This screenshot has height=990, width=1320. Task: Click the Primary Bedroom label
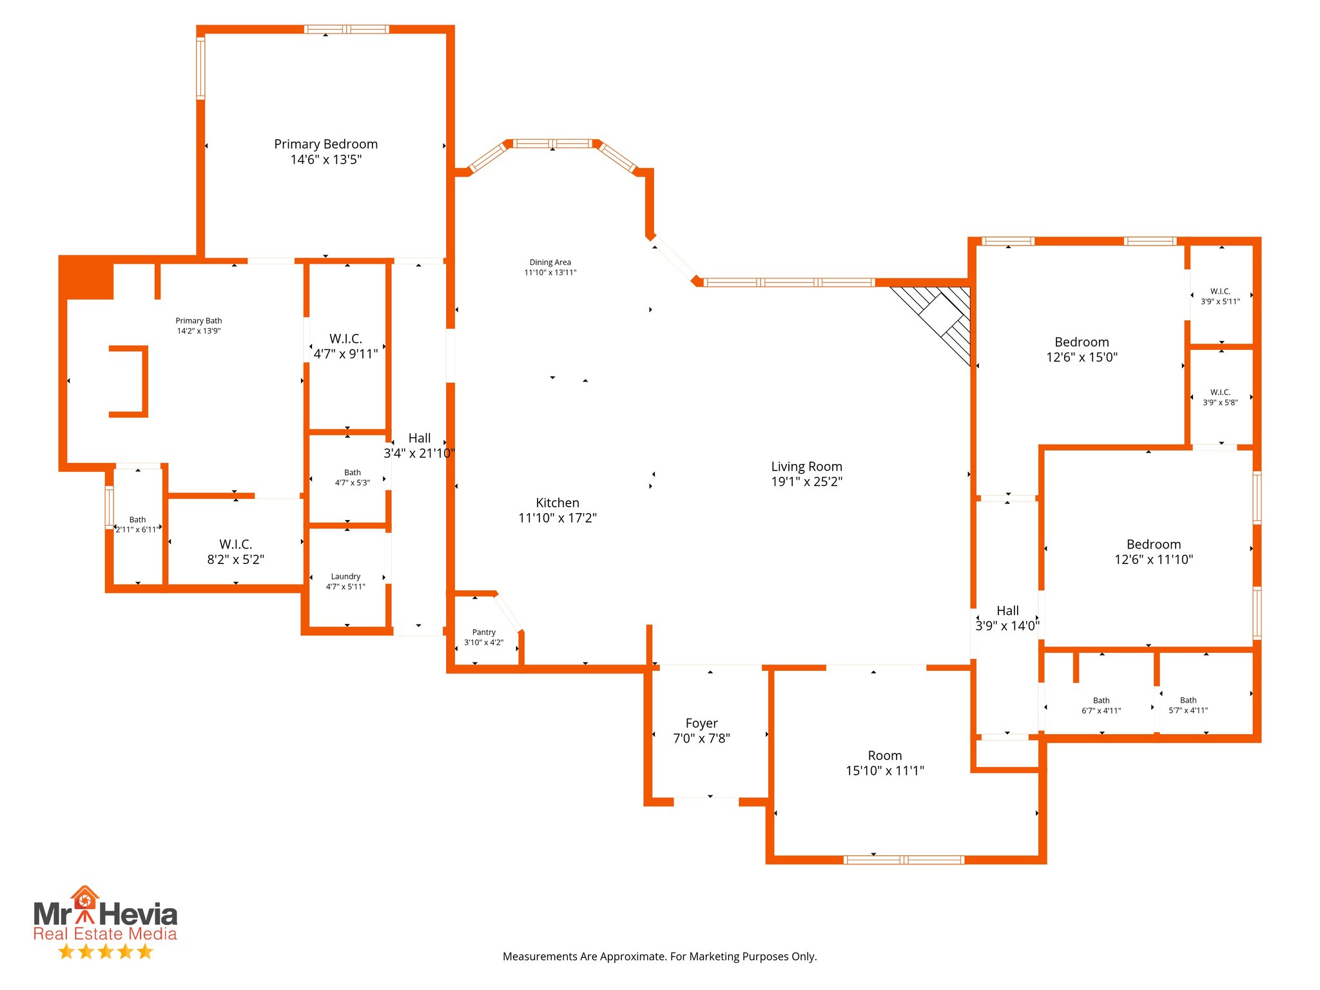coord(325,144)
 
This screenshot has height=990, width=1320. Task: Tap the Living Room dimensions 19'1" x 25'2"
coord(806,481)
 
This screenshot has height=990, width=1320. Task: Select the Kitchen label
coord(557,503)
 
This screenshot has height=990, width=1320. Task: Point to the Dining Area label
coord(550,262)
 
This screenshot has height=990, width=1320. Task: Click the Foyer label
coord(701,723)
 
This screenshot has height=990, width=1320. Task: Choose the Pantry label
coord(483,632)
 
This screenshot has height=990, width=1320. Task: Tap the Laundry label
coord(345,576)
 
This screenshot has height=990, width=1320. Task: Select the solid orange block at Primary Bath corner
coord(86,278)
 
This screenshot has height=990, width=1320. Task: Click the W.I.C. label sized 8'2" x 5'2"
coord(235,544)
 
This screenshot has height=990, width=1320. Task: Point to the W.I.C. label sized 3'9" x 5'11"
coord(1219,291)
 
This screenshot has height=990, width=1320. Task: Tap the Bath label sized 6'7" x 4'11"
coord(1101,701)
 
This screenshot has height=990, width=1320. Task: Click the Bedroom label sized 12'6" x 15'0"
coord(1082,342)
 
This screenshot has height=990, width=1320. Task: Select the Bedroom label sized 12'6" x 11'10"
coord(1153,545)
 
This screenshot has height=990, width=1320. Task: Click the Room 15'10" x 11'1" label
coord(884,755)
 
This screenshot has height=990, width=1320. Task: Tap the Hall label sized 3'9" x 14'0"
coord(1007,610)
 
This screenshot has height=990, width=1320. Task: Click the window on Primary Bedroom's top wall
coord(346,29)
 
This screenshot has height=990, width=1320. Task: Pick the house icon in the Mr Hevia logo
coord(84,898)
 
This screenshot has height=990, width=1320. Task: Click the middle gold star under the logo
coord(105,951)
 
